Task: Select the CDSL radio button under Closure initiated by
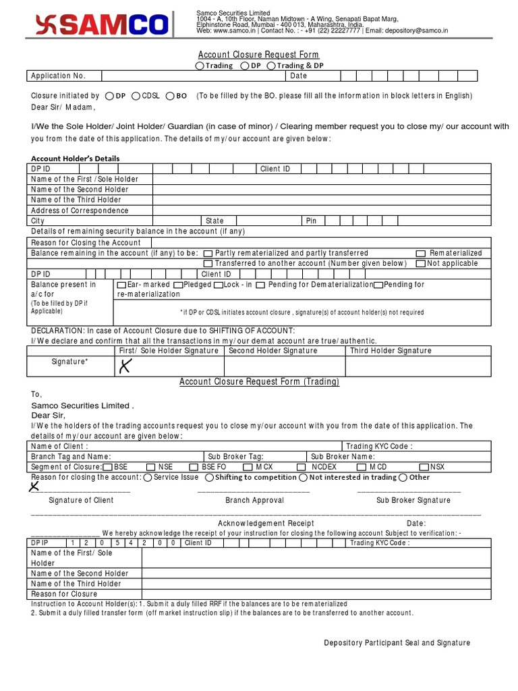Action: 136,96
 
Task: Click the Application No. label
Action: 58,76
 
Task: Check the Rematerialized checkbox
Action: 421,253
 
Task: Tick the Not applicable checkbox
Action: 421,264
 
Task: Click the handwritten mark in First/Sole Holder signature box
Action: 125,366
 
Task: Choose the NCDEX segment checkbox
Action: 301,467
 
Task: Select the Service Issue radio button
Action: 148,478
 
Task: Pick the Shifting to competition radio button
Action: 210,478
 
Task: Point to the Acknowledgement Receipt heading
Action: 266,523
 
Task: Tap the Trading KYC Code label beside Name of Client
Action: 379,446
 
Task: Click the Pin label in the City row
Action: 311,221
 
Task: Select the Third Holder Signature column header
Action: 391,351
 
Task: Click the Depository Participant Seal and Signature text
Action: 397,643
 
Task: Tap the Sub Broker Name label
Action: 343,456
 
